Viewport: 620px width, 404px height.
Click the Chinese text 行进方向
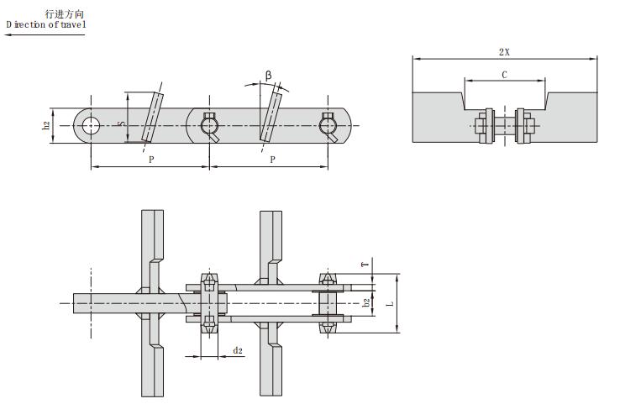point(65,14)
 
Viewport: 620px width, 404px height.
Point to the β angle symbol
point(269,76)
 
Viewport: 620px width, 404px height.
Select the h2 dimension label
point(46,126)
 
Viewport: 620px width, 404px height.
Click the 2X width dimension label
point(504,51)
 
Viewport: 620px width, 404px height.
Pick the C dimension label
point(504,75)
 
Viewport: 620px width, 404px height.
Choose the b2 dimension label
point(365,302)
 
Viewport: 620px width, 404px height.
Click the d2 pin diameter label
point(238,349)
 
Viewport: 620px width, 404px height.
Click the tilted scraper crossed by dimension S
point(151,118)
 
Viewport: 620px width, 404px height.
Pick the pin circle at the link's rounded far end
point(328,126)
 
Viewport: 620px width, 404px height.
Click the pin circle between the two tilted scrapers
point(209,126)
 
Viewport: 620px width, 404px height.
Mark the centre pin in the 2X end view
point(504,127)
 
